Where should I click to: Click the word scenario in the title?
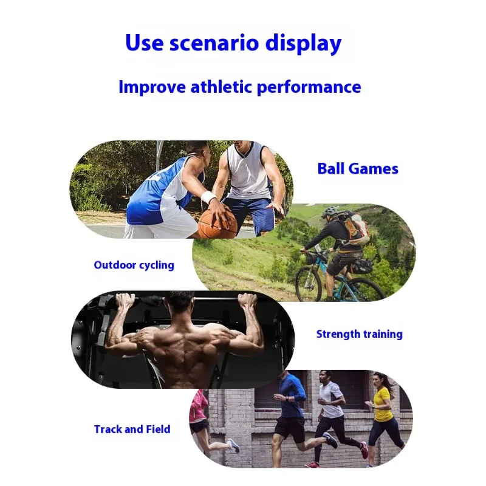point(214,43)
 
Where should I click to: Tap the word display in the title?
point(303,43)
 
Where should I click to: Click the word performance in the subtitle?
point(309,87)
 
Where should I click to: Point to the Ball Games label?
point(358,169)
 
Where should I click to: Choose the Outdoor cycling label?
point(134,265)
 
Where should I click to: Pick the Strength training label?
point(359,334)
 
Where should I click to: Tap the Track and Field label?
point(132,430)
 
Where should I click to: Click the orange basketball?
point(217,221)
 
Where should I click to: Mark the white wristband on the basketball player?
point(208,197)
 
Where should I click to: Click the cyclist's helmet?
point(330,211)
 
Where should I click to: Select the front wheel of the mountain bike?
point(308,282)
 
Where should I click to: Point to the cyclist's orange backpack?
point(357,228)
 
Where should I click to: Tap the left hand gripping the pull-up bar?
point(125,300)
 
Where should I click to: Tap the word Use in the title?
point(144,43)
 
